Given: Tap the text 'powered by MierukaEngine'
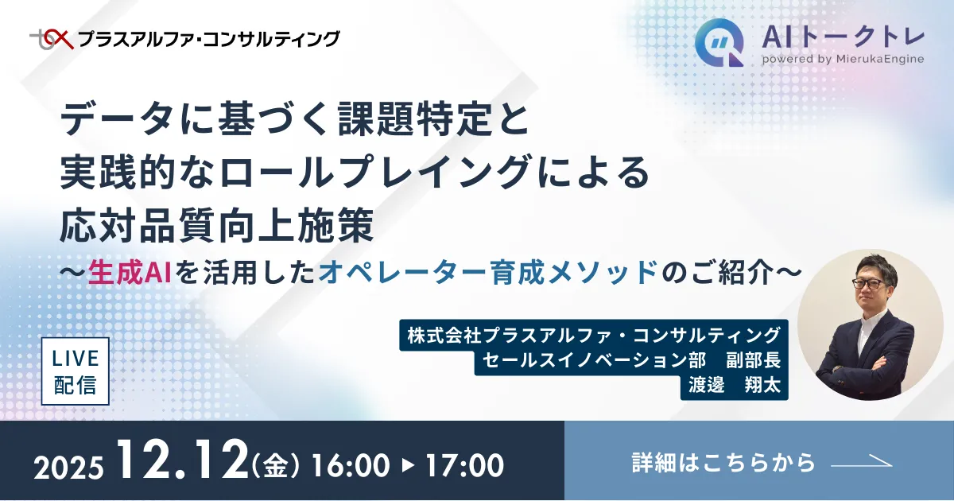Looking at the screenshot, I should [x=842, y=59].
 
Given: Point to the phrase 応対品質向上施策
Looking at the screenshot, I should [x=217, y=227].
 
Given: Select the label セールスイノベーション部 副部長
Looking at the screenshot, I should [x=631, y=359].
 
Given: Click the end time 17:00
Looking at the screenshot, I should [x=465, y=465].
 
